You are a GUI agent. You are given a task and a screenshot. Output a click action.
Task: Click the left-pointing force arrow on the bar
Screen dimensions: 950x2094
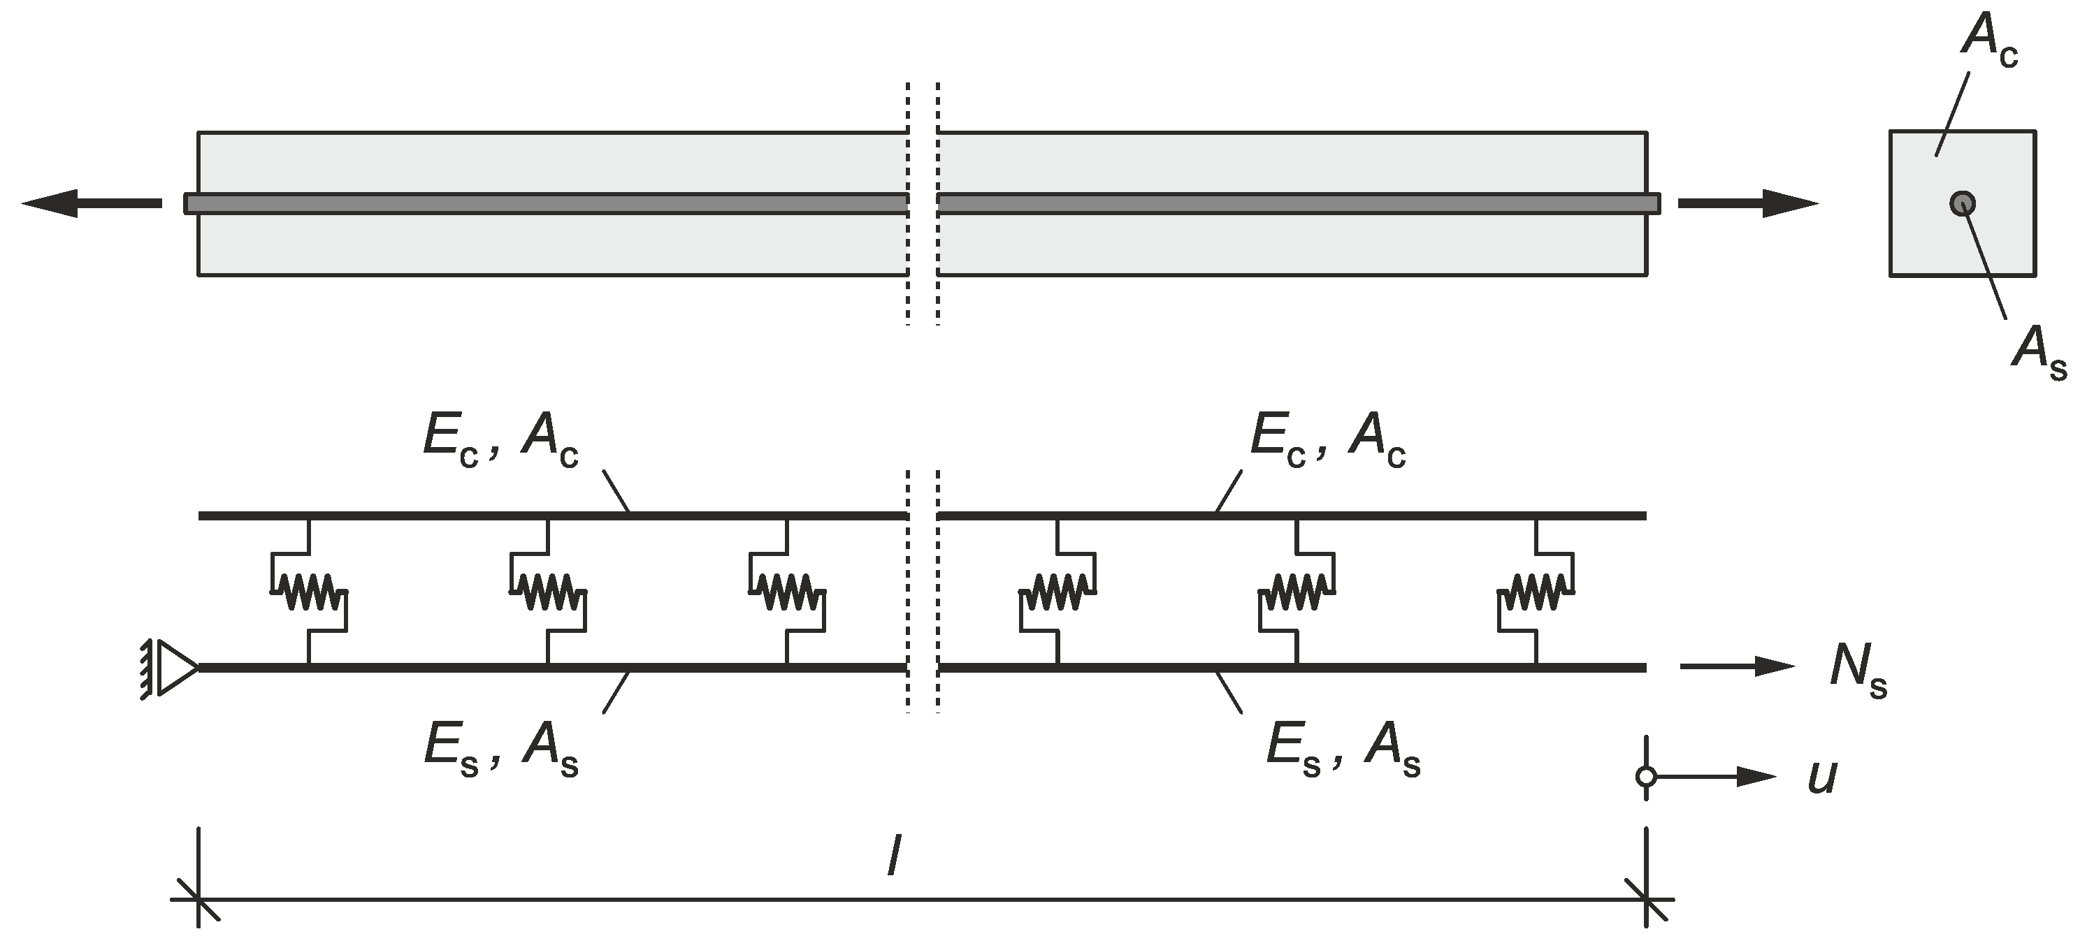[x=89, y=203]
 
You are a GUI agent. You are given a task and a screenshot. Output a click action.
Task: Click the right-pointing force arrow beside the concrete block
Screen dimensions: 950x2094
[x=1748, y=203]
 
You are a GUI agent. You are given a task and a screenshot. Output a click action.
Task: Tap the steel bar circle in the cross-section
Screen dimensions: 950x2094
[x=1963, y=203]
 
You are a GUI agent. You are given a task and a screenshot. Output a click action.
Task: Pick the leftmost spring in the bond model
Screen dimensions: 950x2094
[x=308, y=592]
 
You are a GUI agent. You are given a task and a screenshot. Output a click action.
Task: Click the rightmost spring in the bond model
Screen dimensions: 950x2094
[x=1536, y=592]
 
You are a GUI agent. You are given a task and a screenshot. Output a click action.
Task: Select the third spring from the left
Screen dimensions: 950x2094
[x=786, y=592]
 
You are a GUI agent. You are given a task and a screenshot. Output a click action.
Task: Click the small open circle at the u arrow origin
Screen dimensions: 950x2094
[x=1646, y=777]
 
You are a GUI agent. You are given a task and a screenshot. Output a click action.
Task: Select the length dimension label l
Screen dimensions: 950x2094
[x=894, y=856]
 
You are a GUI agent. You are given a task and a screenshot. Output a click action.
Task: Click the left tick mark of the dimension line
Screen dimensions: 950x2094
[x=198, y=900]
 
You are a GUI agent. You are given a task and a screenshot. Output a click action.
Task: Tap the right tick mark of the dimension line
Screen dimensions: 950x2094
[x=1646, y=900]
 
